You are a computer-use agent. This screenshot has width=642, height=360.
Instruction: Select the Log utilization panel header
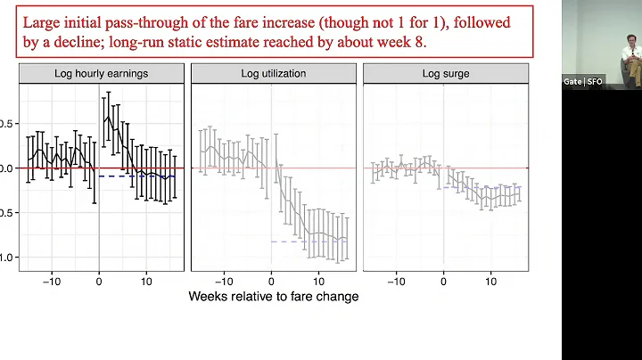pos(273,73)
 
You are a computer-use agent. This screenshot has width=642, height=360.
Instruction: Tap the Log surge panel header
pos(445,73)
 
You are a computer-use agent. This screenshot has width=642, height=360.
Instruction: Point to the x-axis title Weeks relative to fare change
pos(273,296)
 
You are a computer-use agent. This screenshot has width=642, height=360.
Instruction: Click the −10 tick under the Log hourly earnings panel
pos(51,278)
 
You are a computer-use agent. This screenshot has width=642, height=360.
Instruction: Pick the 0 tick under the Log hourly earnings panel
pos(98,278)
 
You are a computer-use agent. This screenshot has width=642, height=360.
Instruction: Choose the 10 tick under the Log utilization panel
pos(319,278)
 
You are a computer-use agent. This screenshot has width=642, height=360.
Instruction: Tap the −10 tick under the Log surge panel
pos(395,278)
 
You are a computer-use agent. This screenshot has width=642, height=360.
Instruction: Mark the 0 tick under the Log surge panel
pos(444,278)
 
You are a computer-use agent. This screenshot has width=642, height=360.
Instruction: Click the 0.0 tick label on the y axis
pos(7,168)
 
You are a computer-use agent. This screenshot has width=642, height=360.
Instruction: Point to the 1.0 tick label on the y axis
pos(7,258)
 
